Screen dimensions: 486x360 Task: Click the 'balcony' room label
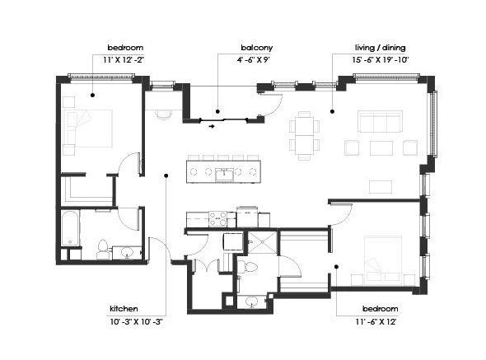257,48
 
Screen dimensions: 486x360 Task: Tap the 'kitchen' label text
124,309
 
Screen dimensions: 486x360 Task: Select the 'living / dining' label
381,48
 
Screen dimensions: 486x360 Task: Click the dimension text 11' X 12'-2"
124,60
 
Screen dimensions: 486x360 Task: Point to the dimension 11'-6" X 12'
376,322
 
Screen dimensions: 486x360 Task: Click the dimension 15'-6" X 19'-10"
381,60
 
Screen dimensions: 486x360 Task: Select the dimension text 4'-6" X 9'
254,60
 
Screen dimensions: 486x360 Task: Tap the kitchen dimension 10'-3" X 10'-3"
137,322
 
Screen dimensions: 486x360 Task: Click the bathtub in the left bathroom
70,228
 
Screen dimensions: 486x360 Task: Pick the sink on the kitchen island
224,175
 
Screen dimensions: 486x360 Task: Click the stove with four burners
218,218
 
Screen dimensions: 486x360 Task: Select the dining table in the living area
305,135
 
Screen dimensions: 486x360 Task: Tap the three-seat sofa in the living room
381,121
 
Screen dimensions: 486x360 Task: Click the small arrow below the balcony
212,127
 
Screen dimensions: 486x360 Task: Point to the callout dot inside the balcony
218,111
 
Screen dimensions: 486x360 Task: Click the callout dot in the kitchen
166,175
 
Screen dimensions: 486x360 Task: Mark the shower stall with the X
262,243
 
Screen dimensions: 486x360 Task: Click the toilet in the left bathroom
102,250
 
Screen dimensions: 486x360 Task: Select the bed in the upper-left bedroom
87,129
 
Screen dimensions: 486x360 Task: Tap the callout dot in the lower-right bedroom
336,266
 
